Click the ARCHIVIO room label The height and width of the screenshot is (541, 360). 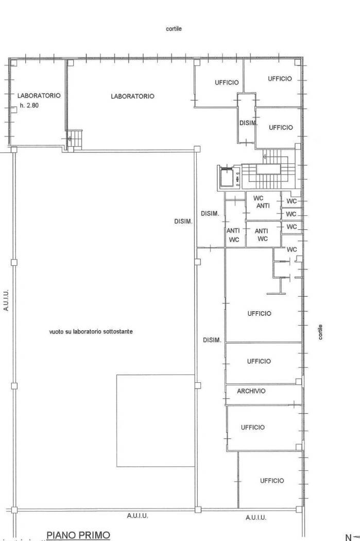(x=251, y=391)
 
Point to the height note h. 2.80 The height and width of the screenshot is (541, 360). (x=29, y=106)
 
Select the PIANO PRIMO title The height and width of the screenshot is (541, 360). (x=78, y=535)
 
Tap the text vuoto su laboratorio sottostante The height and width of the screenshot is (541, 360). (x=91, y=332)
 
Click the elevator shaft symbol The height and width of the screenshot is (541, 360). (x=228, y=177)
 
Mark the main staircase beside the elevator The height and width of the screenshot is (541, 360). (x=268, y=170)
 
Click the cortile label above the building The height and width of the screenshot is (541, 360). (x=174, y=29)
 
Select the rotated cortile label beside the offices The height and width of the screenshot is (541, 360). (x=320, y=332)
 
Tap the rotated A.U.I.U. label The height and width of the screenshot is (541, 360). (x=6, y=300)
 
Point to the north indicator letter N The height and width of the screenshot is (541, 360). (x=348, y=537)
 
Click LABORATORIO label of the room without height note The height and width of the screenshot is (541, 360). (x=132, y=96)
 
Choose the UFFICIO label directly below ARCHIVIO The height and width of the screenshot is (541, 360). (x=253, y=427)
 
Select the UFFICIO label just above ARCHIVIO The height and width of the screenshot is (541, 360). (x=259, y=361)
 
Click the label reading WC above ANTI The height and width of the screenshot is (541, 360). (x=258, y=198)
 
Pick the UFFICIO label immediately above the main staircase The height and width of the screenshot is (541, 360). (x=281, y=128)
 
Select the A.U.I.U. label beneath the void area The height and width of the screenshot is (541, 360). (x=138, y=516)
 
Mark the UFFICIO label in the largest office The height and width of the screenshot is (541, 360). (x=259, y=314)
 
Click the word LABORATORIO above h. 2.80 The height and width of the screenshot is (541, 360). (x=39, y=95)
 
